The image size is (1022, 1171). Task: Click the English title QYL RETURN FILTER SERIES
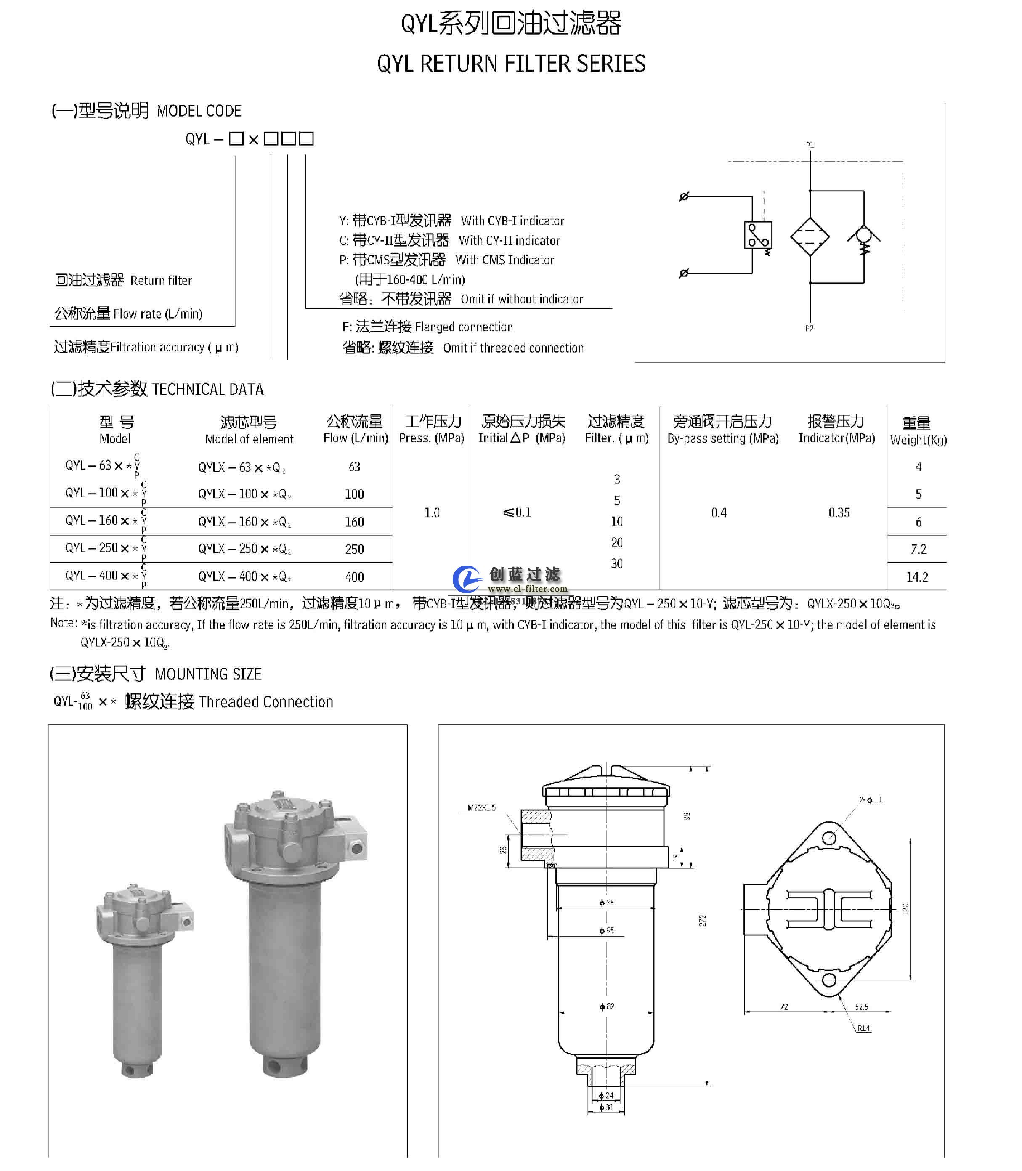pyautogui.click(x=511, y=63)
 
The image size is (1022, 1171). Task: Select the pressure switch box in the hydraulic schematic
pyautogui.click(x=758, y=234)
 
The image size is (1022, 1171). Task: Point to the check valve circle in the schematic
pyautogui.click(x=863, y=234)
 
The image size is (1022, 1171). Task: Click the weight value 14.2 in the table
pyautogui.click(x=917, y=576)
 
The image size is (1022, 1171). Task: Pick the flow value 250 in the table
pyautogui.click(x=354, y=549)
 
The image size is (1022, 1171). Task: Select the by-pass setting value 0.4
pyautogui.click(x=719, y=512)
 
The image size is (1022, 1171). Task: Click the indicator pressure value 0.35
pyautogui.click(x=839, y=512)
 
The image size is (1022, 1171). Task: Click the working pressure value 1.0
pyautogui.click(x=432, y=512)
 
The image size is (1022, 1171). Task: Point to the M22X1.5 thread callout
pyautogui.click(x=481, y=807)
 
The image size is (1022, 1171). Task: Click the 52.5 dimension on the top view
pyautogui.click(x=861, y=1007)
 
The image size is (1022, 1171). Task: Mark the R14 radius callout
pyautogui.click(x=863, y=1028)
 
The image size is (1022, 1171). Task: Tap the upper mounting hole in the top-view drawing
pyautogui.click(x=829, y=838)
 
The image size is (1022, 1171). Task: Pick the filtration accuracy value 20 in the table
pyautogui.click(x=616, y=542)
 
